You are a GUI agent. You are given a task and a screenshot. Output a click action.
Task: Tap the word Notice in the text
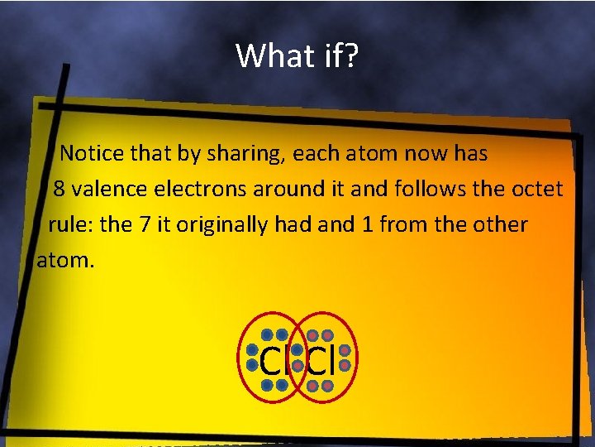93,153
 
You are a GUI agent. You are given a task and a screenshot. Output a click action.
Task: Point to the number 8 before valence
59,189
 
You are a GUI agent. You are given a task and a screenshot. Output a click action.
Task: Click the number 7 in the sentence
144,224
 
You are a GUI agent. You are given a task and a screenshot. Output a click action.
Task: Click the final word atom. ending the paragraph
66,261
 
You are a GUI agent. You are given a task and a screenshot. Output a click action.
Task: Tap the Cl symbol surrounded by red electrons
321,362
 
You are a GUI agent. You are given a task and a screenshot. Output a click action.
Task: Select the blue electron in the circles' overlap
297,350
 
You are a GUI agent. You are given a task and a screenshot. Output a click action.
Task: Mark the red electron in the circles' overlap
297,365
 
